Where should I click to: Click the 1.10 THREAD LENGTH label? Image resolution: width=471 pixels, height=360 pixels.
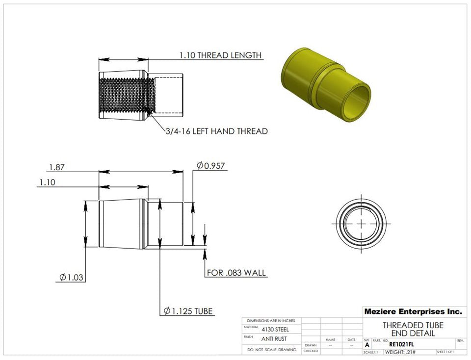tap(220, 55)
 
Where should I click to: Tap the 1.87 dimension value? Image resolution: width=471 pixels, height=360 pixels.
tap(56, 167)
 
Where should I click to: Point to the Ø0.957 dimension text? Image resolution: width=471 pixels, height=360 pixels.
tap(211, 166)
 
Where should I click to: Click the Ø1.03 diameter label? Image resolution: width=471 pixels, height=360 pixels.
tap(71, 278)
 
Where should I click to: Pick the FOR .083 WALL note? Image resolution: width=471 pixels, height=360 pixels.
tap(237, 273)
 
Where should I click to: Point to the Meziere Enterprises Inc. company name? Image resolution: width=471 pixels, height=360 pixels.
tap(413, 311)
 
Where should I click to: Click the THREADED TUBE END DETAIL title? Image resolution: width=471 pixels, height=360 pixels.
tap(413, 329)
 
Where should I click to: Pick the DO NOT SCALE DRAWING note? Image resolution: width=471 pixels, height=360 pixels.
tap(272, 350)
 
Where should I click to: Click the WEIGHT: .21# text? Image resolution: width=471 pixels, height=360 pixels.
tap(400, 352)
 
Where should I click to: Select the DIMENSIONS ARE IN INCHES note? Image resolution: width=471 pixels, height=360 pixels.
tap(271, 320)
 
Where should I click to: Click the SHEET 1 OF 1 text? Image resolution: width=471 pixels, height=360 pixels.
tap(445, 352)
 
